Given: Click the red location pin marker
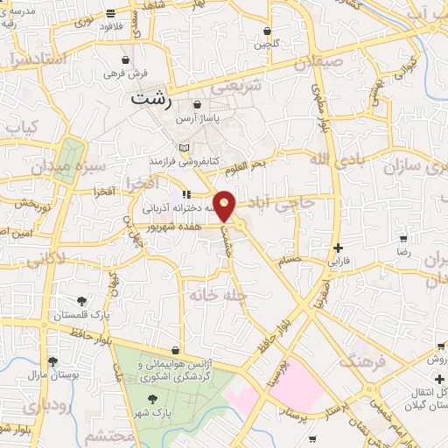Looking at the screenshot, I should click(x=225, y=206).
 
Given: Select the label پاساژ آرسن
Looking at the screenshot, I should click(x=195, y=117).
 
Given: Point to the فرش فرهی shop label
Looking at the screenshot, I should click(x=127, y=73).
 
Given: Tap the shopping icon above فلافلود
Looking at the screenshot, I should click(x=110, y=13).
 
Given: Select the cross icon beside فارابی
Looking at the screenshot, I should click(x=338, y=248).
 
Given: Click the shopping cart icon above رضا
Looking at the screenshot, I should click(x=402, y=238).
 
